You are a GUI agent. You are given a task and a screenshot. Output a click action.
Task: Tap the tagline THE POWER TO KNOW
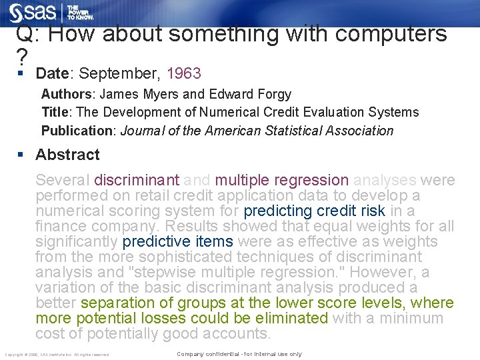click(79, 13)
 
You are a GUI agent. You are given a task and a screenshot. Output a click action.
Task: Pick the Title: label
click(57, 113)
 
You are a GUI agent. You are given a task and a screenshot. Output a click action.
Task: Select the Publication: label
click(79, 131)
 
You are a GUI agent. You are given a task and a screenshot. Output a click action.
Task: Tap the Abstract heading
click(67, 155)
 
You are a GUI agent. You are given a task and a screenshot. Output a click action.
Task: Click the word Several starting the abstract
click(63, 180)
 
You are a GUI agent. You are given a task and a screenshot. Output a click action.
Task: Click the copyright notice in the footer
click(57, 354)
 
